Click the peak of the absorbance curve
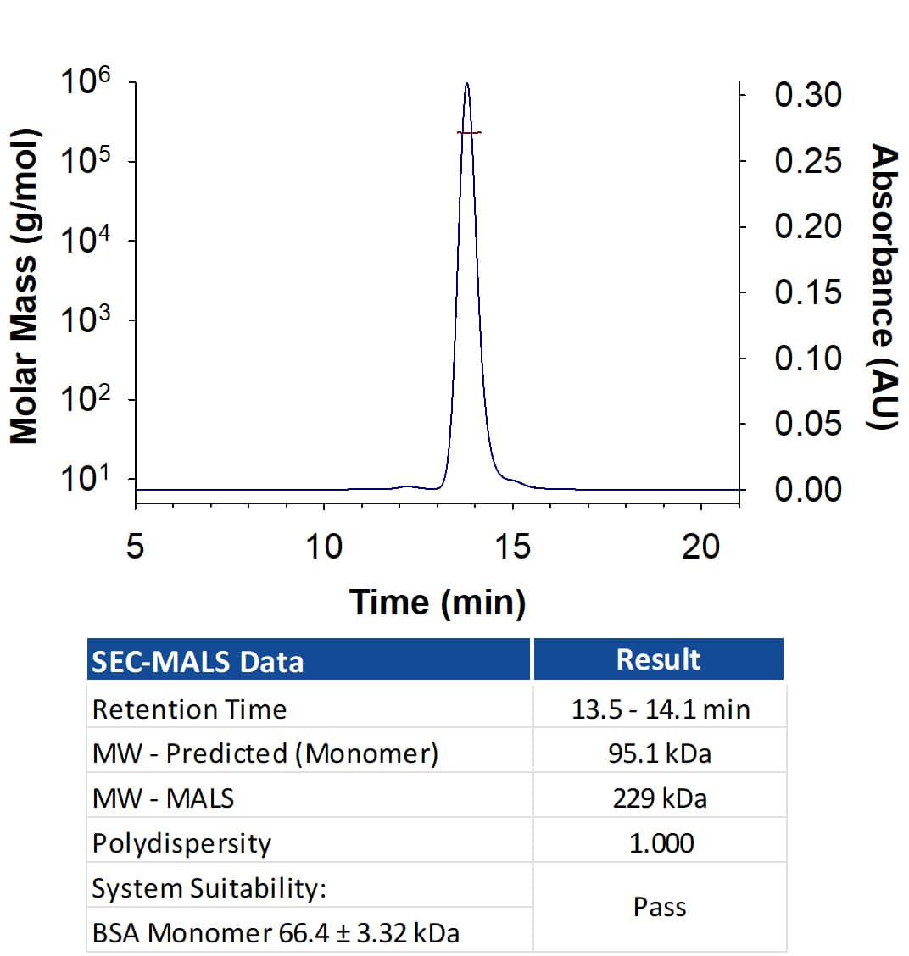coord(466,83)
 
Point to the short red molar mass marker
coord(469,132)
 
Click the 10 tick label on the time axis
coord(324,547)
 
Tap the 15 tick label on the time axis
coord(512,547)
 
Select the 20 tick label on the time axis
coord(701,547)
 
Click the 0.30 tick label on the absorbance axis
coord(808,95)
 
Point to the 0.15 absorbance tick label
coord(808,292)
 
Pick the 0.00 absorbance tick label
coord(808,489)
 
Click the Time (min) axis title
coord(438,603)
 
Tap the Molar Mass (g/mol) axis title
coord(24,286)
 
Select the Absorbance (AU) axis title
coord(884,286)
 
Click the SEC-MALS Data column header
coord(198,662)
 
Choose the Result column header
coord(658,659)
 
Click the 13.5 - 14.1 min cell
coord(661,709)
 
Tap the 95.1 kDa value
coord(660,753)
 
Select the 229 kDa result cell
coord(660,798)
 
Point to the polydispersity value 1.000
coord(661,843)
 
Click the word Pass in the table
coord(660,907)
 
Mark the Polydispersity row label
coord(181,844)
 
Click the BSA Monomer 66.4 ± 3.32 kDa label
coord(276,933)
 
